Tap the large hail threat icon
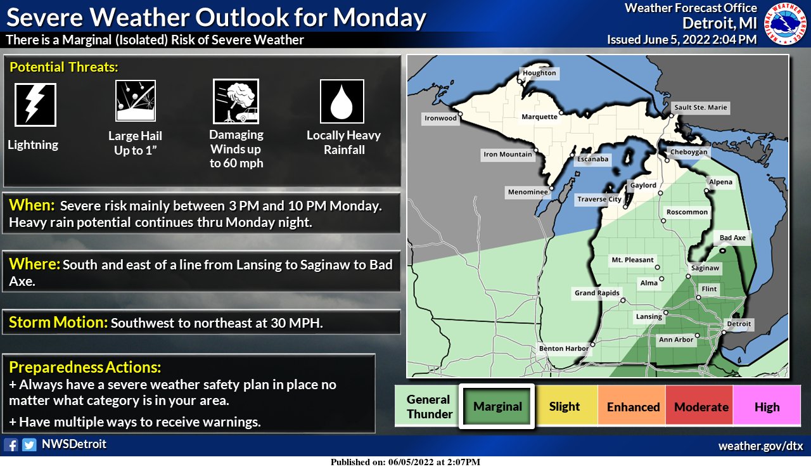click(x=135, y=100)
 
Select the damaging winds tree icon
click(x=236, y=100)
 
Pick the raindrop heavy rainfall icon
click(x=342, y=101)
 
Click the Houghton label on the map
click(x=540, y=73)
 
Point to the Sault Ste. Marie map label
click(x=700, y=108)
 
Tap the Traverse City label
click(x=599, y=199)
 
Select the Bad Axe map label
click(x=733, y=238)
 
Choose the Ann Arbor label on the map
click(x=676, y=340)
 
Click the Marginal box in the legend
click(x=497, y=407)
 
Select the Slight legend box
click(x=565, y=407)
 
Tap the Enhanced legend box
click(x=634, y=407)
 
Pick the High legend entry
click(x=767, y=407)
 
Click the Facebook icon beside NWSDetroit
click(x=11, y=445)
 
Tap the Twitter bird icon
click(x=29, y=445)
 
